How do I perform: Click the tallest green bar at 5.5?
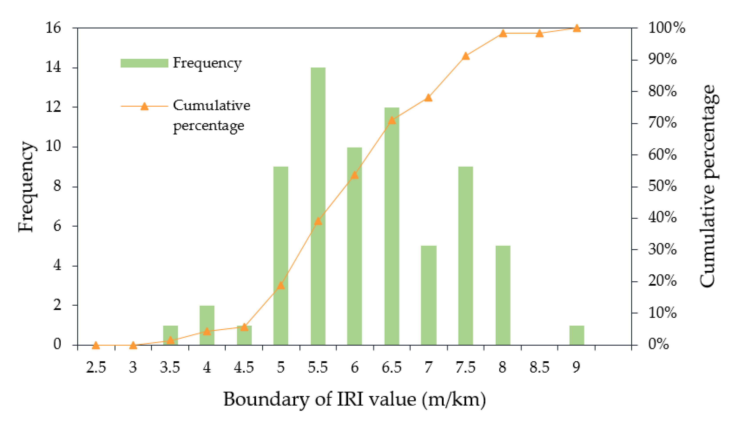point(318,203)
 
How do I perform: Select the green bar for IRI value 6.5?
point(392,227)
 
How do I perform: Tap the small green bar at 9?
point(577,335)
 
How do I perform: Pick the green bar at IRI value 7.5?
point(465,256)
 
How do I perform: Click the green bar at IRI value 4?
point(207,325)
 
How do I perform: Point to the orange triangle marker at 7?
point(428,98)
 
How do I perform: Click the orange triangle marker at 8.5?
point(539,33)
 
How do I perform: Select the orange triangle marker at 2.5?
point(96,345)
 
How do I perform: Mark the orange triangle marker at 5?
point(281,285)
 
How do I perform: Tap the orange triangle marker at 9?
point(577,28)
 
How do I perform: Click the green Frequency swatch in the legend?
point(144,63)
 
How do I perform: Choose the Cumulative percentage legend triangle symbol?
point(144,107)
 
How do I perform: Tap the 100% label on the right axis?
point(666,28)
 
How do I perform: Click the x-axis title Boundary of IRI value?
point(354,400)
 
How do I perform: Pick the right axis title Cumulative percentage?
point(709,186)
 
